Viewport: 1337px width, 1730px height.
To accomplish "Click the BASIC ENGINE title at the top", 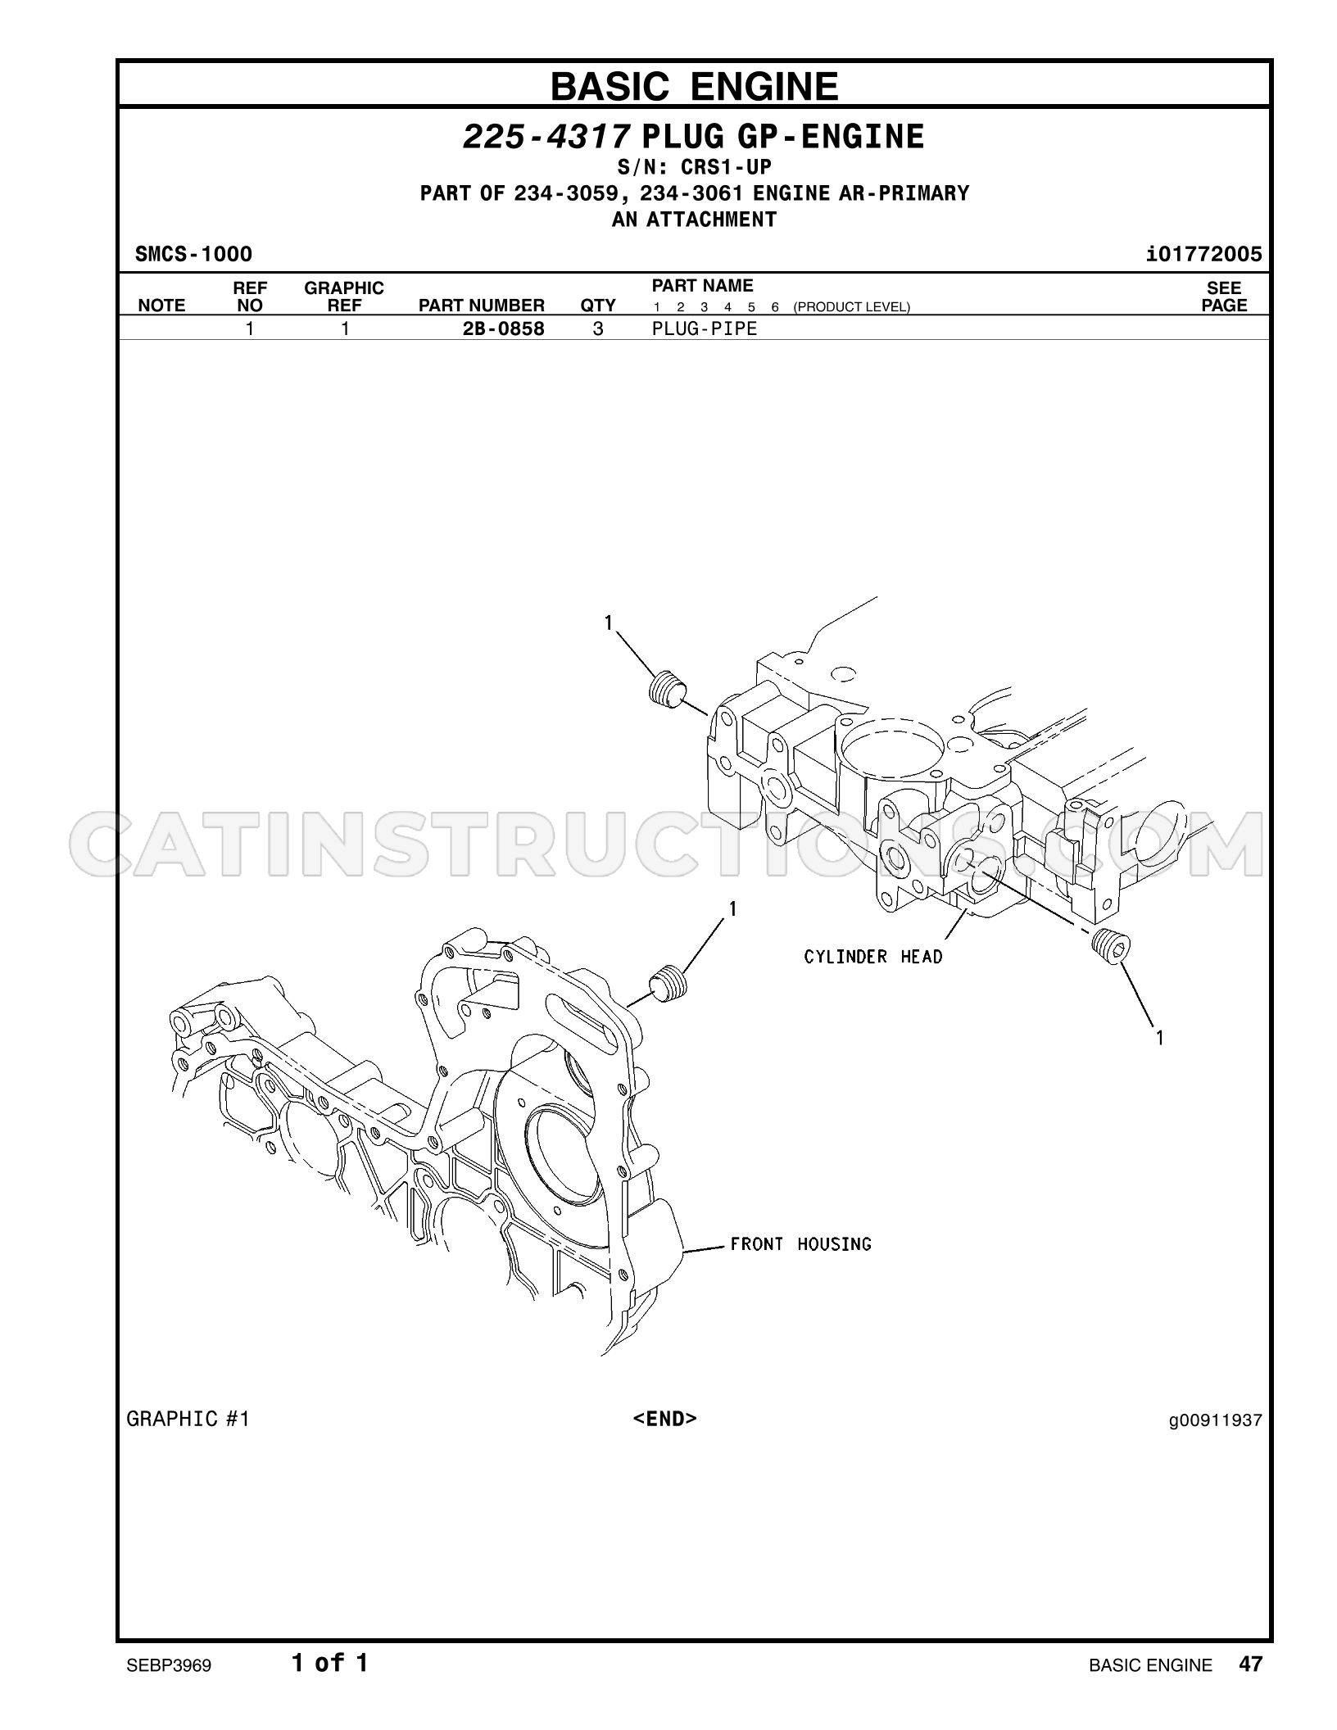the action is point(695,86).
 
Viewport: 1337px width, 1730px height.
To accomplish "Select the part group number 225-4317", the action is point(546,137).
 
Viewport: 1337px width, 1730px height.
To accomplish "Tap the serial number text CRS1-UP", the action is point(727,168).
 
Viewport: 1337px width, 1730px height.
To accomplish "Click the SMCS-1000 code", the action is point(193,254).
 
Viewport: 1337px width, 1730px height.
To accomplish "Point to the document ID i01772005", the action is point(1204,254).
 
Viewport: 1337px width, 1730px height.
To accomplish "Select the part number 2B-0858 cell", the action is point(504,329).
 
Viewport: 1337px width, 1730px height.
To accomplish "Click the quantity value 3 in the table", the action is point(598,329).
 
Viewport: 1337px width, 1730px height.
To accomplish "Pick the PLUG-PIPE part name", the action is point(705,329).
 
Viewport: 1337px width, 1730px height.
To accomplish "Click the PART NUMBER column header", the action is point(482,306).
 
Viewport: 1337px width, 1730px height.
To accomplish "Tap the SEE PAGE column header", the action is point(1224,297).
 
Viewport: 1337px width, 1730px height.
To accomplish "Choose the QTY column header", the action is point(598,306).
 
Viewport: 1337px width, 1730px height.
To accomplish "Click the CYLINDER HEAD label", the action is point(873,957).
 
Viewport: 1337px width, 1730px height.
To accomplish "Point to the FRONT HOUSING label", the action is point(801,1244).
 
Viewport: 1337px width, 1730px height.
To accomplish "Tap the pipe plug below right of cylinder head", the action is point(1112,948).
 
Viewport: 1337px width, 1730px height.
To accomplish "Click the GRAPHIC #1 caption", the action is point(188,1420).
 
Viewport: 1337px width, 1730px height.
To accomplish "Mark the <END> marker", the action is point(664,1419).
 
